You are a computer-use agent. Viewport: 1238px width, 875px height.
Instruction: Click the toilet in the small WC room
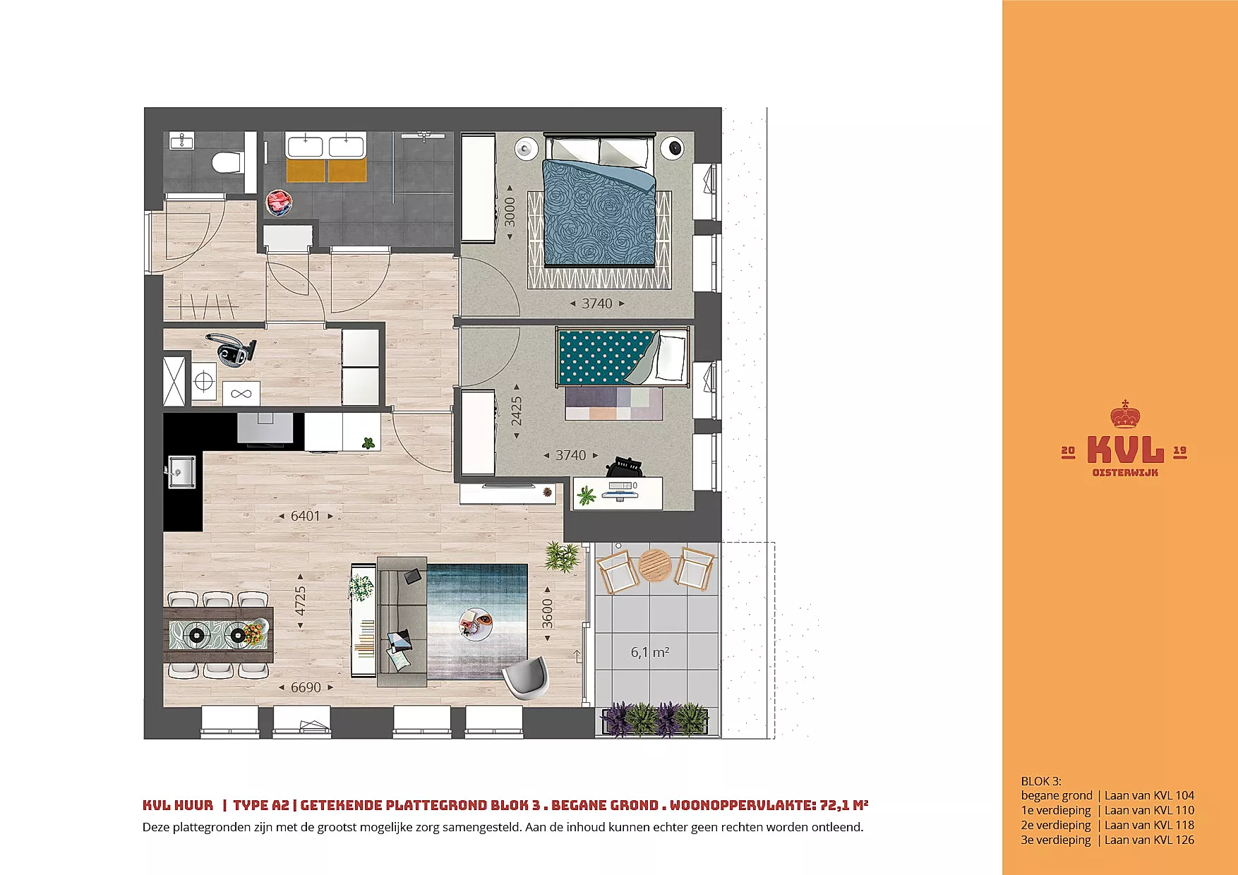click(x=228, y=162)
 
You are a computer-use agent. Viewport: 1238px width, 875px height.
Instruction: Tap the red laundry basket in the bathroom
click(x=279, y=203)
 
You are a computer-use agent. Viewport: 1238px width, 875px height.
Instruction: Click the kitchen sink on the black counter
click(x=182, y=471)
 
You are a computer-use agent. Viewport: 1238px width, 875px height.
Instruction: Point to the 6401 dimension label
click(x=306, y=517)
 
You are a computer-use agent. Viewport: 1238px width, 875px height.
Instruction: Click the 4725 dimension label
click(x=300, y=601)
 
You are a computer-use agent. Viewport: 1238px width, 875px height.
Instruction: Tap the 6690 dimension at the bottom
click(x=306, y=687)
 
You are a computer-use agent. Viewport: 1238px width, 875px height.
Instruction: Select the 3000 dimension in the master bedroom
click(x=510, y=212)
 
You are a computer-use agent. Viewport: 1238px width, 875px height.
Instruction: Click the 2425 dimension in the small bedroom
click(x=517, y=411)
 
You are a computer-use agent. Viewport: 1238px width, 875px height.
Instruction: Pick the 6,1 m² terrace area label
click(x=650, y=653)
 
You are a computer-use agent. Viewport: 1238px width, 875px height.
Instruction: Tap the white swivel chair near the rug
click(x=527, y=677)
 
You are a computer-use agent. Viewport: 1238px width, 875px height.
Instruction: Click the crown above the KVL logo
click(x=1124, y=416)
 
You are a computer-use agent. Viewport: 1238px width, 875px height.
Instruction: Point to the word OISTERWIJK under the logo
click(x=1125, y=473)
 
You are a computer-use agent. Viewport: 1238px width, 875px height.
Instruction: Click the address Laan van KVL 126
click(x=1149, y=840)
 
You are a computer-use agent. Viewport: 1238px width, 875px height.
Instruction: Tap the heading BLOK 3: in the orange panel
click(x=1041, y=781)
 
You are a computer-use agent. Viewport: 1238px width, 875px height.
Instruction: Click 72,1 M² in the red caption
click(x=843, y=805)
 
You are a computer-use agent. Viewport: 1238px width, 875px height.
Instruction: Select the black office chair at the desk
click(x=625, y=466)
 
